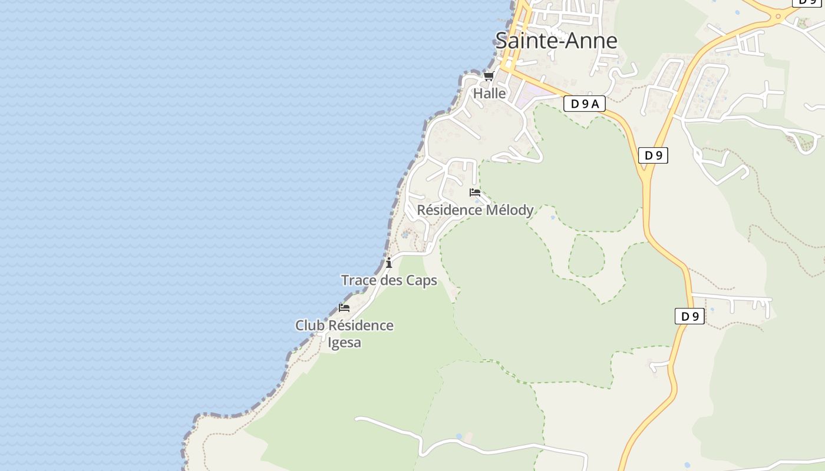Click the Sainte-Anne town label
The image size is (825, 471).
coord(556,40)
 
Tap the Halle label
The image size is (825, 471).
coord(490,93)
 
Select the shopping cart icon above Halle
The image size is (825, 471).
coord(489,76)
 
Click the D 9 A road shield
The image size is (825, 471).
coord(585,104)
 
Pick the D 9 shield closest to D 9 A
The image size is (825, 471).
coord(653,155)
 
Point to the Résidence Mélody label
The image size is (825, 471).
coord(475,210)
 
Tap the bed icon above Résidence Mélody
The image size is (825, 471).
coord(475,193)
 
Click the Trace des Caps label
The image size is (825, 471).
coord(389,280)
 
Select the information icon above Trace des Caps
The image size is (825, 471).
coord(389,263)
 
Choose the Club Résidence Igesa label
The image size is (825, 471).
coord(344,333)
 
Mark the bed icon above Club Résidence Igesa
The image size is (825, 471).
coord(344,307)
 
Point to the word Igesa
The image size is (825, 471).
coord(344,342)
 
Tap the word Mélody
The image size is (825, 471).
coord(509,210)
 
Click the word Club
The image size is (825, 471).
coord(310,326)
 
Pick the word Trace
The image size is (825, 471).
coord(359,280)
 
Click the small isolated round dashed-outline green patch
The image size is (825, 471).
coord(586,256)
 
